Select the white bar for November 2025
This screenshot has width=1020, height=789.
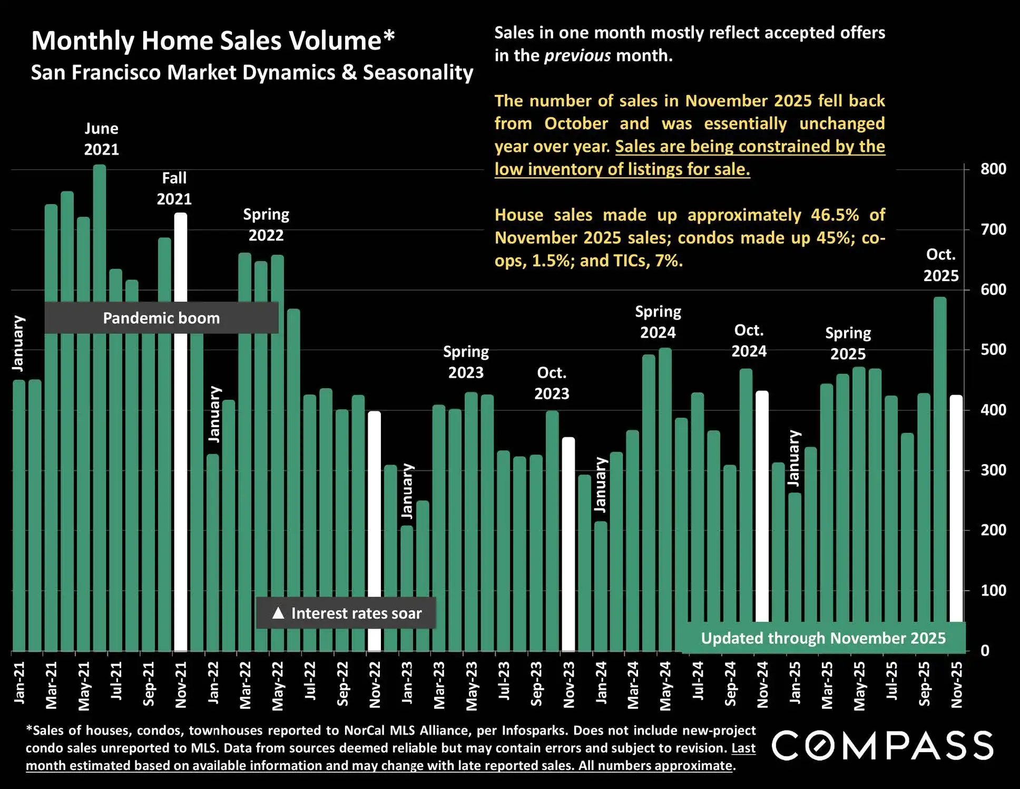[956, 506]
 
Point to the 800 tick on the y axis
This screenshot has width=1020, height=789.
[993, 169]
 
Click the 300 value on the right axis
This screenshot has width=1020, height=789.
[993, 470]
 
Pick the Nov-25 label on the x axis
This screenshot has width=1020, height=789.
[957, 684]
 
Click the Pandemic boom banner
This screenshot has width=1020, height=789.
[161, 318]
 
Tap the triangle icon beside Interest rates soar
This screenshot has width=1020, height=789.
[278, 613]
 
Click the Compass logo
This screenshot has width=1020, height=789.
[882, 746]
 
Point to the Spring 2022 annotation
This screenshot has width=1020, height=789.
[266, 225]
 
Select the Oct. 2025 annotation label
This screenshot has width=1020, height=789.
[941, 265]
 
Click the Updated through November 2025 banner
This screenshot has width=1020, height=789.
[823, 638]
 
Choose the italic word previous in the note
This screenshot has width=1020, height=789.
[577, 55]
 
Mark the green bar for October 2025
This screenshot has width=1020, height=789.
[940, 475]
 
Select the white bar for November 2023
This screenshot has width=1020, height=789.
[568, 543]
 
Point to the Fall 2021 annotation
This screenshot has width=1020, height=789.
[174, 188]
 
